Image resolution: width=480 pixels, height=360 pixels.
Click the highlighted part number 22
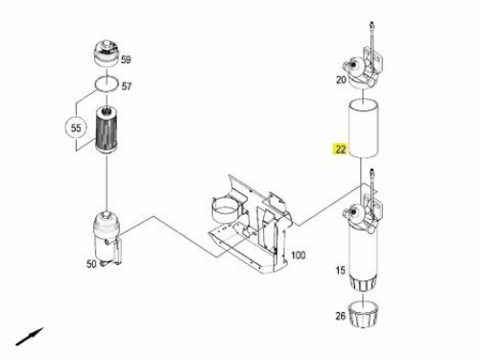(340, 149)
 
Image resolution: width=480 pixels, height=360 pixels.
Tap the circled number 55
(76, 128)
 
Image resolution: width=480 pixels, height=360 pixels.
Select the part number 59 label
(126, 60)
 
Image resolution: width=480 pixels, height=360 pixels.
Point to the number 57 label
(127, 86)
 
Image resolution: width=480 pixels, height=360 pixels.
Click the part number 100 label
(298, 255)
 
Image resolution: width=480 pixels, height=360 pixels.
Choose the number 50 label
(91, 264)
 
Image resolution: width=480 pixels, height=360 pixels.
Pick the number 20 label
(341, 80)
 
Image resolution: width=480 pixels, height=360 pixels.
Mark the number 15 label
(341, 271)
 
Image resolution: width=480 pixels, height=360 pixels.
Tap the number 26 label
(341, 316)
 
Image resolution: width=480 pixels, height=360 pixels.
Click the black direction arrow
(30, 336)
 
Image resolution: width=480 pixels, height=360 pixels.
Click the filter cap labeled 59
(107, 54)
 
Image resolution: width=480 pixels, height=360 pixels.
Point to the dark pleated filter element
(107, 131)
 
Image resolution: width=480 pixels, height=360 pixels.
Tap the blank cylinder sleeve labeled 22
(364, 129)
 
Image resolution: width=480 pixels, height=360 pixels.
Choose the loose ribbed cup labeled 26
(364, 314)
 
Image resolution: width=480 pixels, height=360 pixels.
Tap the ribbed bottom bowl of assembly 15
(364, 282)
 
